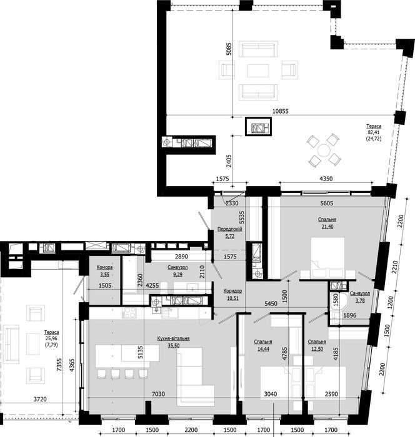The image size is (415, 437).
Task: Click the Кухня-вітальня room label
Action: (173, 338)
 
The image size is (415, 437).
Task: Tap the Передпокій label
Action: (229, 229)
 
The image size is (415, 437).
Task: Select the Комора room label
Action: (104, 267)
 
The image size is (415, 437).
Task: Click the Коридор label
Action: (232, 291)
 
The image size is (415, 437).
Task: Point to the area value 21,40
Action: (327, 227)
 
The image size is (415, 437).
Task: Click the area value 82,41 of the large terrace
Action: (374, 132)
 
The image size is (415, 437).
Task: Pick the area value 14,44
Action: (263, 348)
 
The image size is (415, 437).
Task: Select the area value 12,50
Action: (317, 348)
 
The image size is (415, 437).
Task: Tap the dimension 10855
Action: (281, 111)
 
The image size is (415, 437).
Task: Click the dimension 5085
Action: (229, 49)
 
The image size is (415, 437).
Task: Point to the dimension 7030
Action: (158, 394)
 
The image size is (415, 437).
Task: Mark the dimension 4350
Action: (326, 179)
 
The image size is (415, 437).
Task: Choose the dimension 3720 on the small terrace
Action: (40, 400)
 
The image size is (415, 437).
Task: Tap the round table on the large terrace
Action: (324, 150)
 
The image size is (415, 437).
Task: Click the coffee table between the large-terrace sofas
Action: (258, 71)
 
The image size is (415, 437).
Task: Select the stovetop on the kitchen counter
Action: (129, 312)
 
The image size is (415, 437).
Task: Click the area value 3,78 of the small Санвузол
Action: (360, 301)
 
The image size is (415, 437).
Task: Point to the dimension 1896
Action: (350, 315)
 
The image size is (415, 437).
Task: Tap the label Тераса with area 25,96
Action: (51, 333)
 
